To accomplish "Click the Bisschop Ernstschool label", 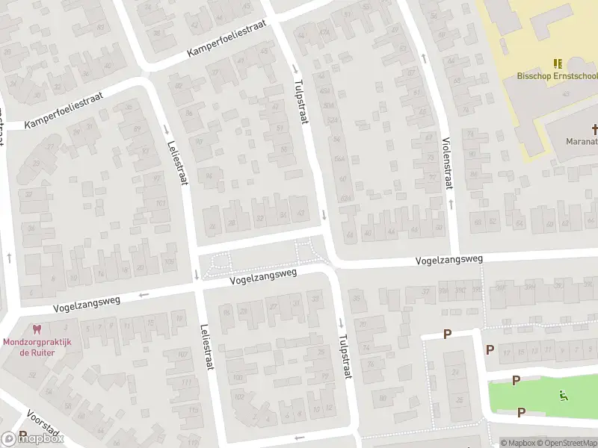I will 557,75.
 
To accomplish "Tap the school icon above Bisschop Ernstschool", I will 557,64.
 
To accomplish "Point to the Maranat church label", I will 581,140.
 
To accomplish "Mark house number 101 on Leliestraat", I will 160,202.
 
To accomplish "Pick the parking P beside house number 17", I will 490,349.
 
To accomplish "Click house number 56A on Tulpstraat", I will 339,158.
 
